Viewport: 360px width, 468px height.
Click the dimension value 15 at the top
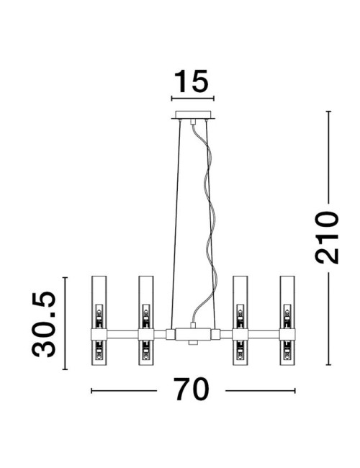pos(191,81)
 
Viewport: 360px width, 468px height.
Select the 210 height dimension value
pos(327,238)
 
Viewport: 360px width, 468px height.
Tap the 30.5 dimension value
pos(44,324)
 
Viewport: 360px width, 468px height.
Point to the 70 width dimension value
pos(192,390)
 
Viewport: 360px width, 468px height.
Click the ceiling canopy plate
pos(193,115)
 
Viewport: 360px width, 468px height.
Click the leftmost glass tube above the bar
pos(99,302)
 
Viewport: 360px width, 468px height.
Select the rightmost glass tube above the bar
pos(287,302)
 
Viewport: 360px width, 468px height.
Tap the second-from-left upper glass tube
pos(146,302)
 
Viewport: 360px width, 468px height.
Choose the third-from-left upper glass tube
pos(240,302)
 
